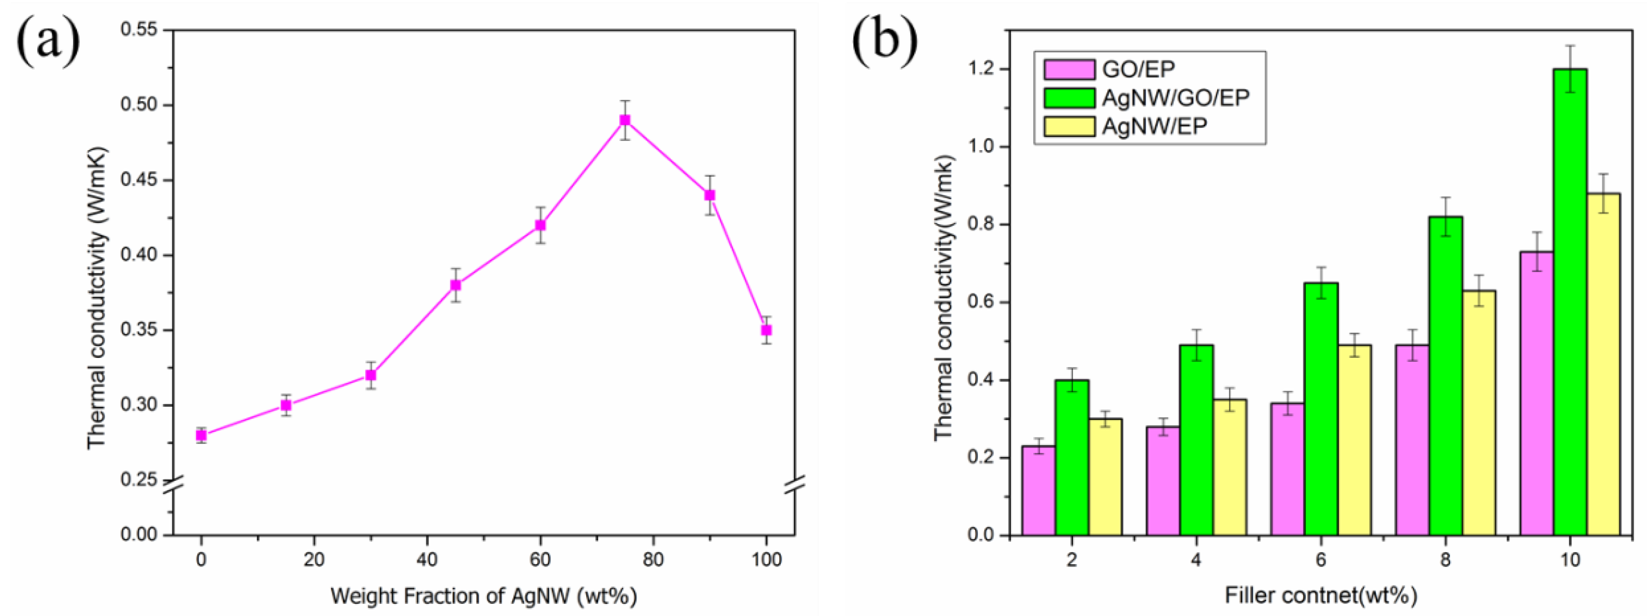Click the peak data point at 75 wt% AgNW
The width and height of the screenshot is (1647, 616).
click(x=625, y=120)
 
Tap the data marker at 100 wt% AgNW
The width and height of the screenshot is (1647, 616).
click(x=766, y=330)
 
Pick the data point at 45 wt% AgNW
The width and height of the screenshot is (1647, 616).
click(x=455, y=285)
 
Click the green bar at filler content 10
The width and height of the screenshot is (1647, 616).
click(x=1570, y=301)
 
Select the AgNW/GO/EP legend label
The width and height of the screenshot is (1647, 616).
click(x=1175, y=98)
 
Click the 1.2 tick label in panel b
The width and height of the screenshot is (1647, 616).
click(x=982, y=69)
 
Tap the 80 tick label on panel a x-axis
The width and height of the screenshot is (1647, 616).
click(x=653, y=560)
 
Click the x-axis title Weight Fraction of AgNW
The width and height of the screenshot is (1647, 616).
click(x=484, y=596)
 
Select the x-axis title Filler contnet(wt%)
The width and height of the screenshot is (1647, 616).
click(x=1321, y=596)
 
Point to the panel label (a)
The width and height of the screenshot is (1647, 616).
click(x=48, y=42)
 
